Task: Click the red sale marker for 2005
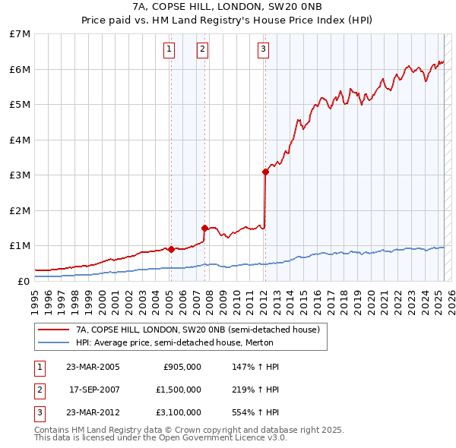click(171, 248)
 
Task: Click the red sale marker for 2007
click(204, 228)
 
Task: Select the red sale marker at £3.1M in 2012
click(265, 172)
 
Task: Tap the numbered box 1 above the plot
click(169, 50)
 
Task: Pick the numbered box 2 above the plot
click(202, 50)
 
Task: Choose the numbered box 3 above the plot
click(263, 50)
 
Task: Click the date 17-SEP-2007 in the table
click(94, 390)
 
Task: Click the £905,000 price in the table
click(182, 367)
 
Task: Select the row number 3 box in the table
click(40, 413)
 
